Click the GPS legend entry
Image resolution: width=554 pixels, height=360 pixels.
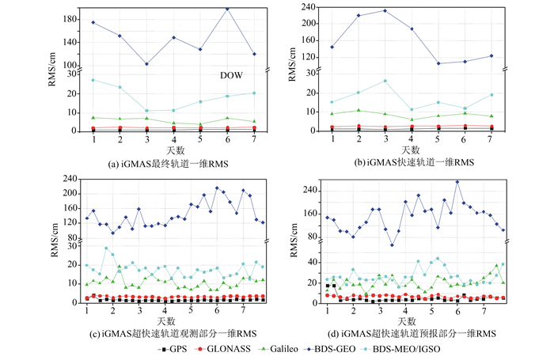pos(174,349)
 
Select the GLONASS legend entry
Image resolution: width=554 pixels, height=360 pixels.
pos(228,349)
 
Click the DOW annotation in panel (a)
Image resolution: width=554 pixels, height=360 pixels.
pos(231,75)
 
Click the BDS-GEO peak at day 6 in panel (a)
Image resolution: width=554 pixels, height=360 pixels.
pos(228,9)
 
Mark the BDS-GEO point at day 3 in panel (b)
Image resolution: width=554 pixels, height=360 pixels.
pos(385,11)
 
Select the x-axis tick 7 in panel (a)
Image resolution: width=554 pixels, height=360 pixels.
pos(254,140)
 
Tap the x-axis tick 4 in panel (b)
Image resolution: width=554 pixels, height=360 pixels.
pos(412,140)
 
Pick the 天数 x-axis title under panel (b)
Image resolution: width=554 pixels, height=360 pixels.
pos(411,150)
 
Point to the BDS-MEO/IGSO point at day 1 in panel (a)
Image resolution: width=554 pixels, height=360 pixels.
pos(93,80)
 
